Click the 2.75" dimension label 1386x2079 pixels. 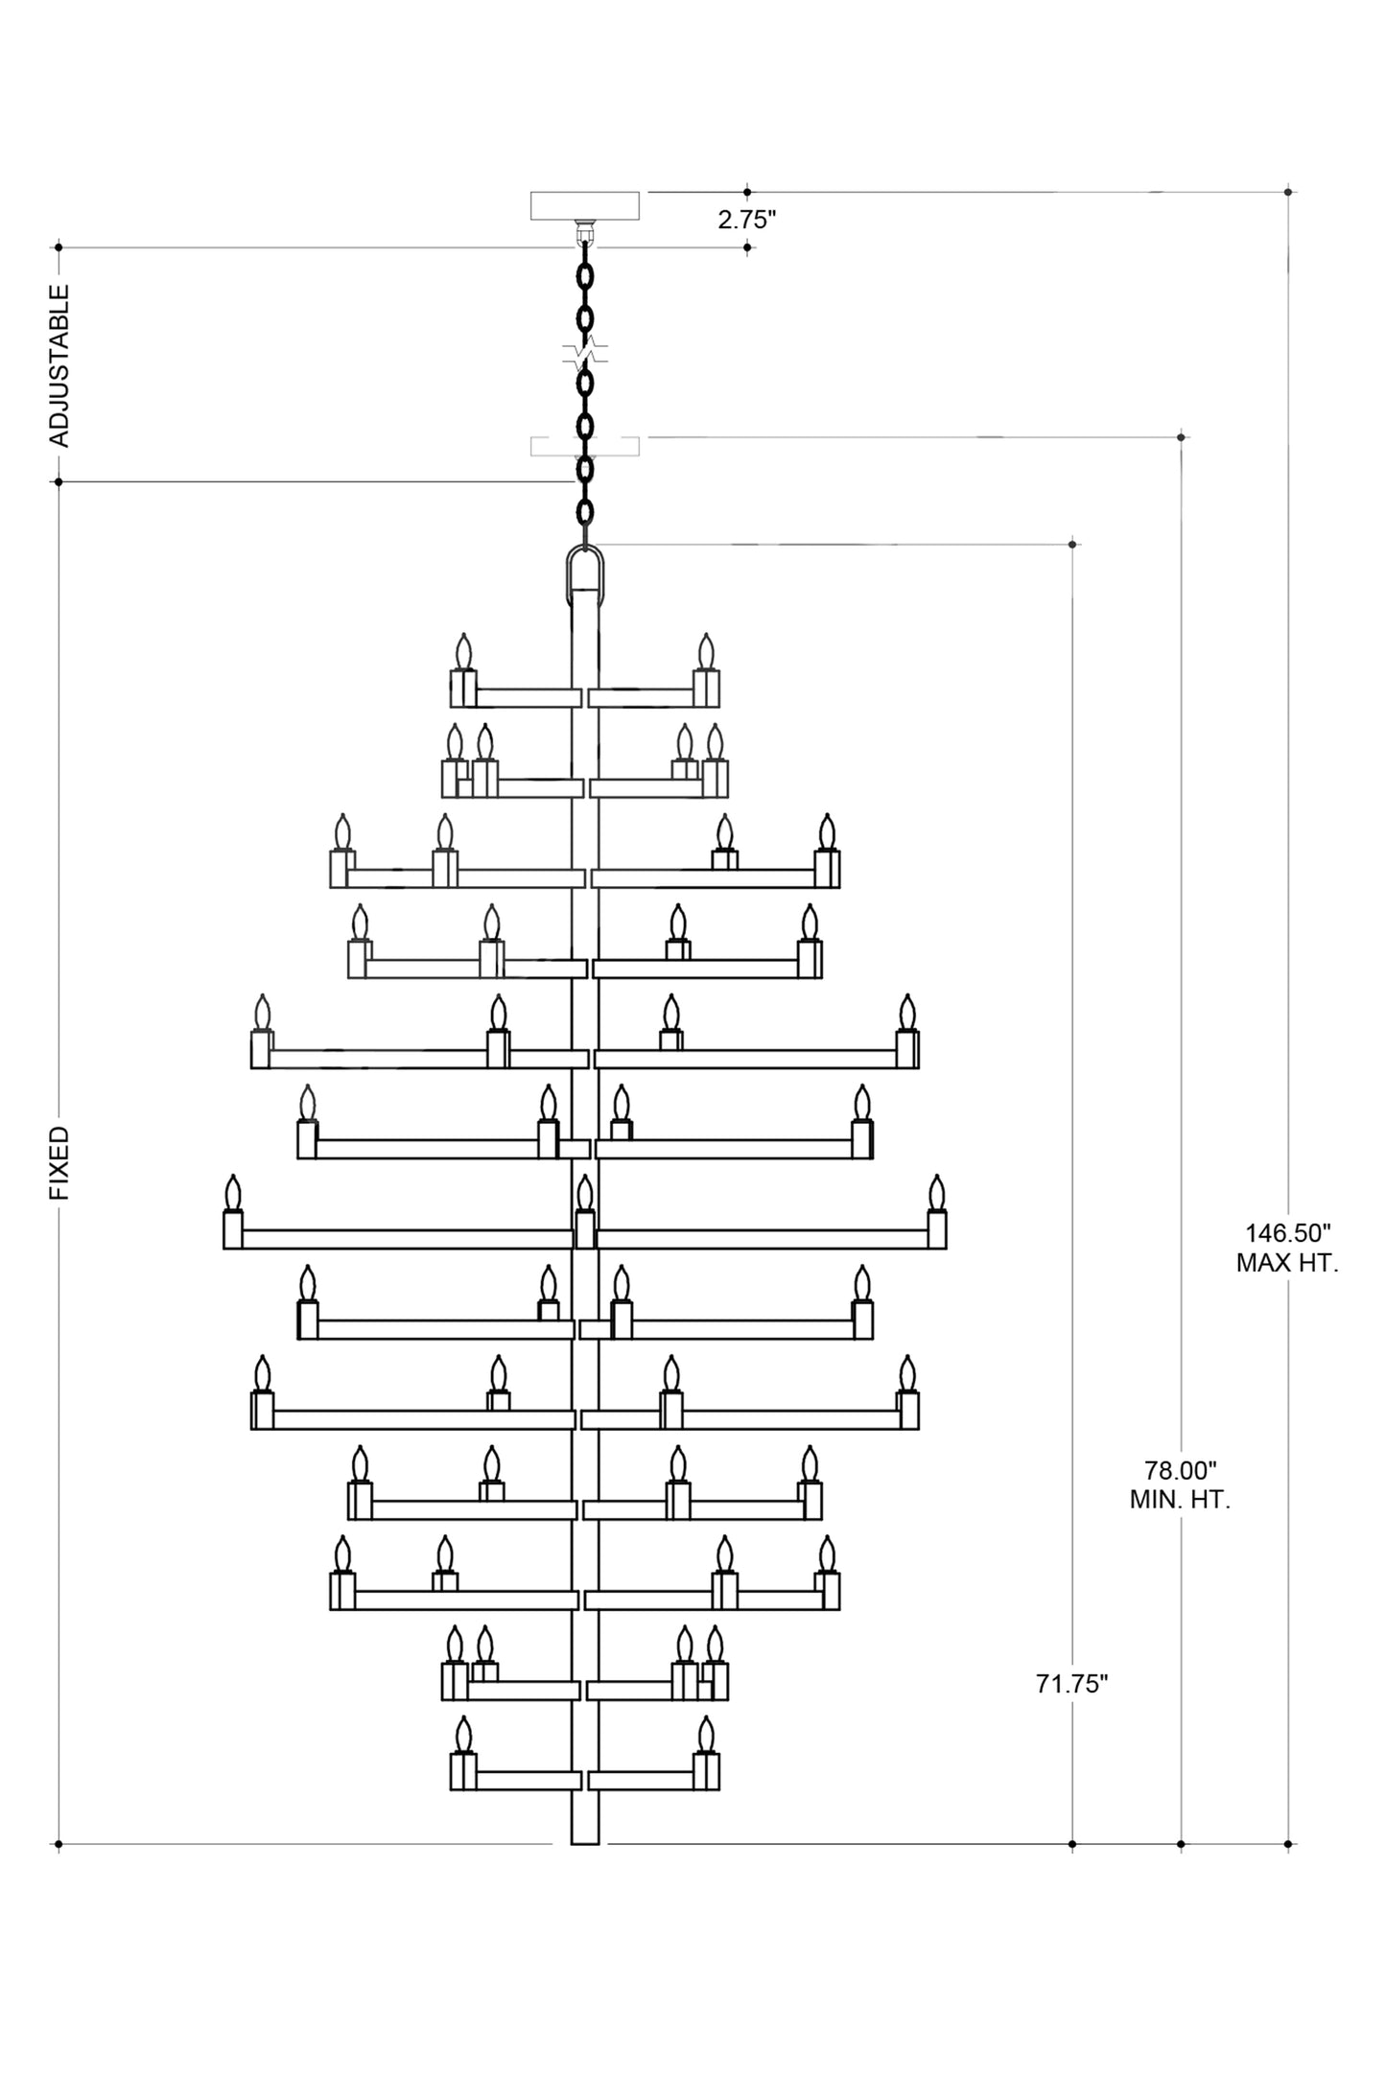[x=746, y=220]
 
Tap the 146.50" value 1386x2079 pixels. [x=1287, y=1232]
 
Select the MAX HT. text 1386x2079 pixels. [x=1287, y=1263]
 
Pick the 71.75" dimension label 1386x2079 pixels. [x=1071, y=1684]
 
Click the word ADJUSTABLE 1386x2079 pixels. [x=59, y=365]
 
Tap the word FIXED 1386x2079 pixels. [x=59, y=1163]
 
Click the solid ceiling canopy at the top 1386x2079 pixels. [x=584, y=205]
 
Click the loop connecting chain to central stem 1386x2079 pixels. [x=585, y=573]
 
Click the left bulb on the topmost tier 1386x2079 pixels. [x=464, y=653]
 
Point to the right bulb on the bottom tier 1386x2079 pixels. [x=706, y=1736]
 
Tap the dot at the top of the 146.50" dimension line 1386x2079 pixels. [x=1289, y=192]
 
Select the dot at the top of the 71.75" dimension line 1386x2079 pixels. [x=1072, y=545]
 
